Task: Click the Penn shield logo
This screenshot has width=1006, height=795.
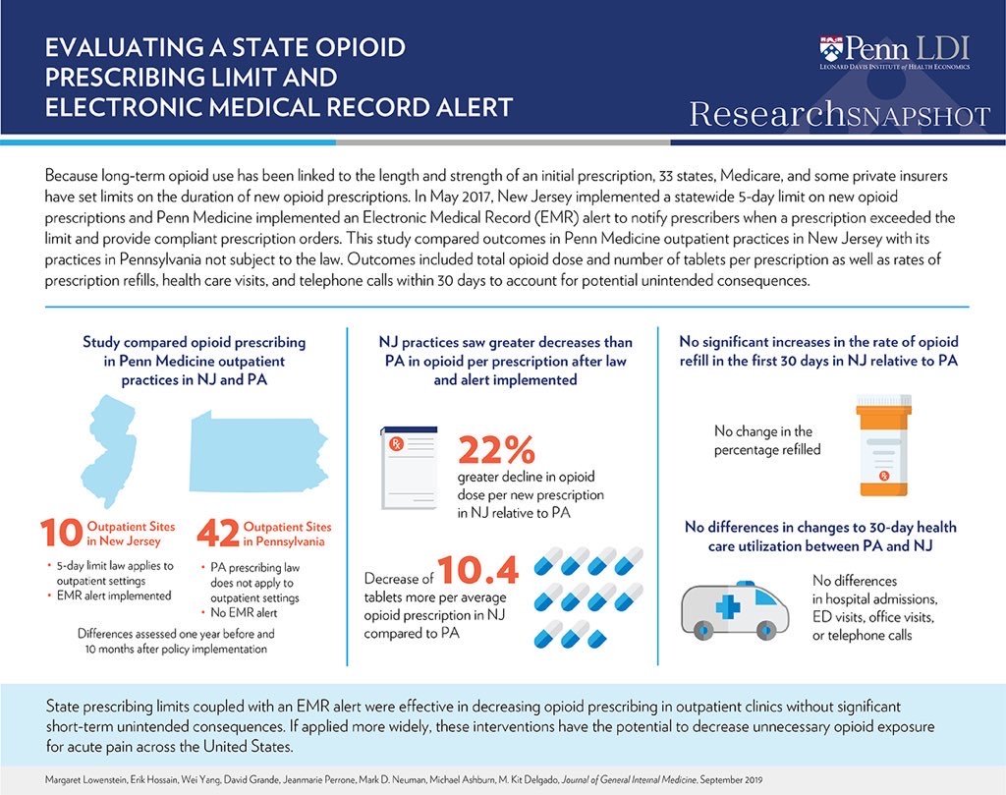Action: pyautogui.click(x=831, y=48)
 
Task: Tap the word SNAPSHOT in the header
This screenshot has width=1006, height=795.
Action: pyautogui.click(x=919, y=116)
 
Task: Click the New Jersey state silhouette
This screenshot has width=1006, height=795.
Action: pyautogui.click(x=110, y=441)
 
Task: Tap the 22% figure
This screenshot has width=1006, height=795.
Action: pyautogui.click(x=497, y=449)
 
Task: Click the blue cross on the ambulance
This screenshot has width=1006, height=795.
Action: pyautogui.click(x=729, y=606)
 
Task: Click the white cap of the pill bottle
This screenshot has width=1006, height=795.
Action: pyautogui.click(x=884, y=404)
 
